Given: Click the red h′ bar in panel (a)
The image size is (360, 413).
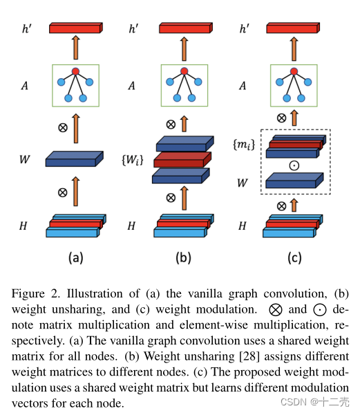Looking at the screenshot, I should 75,28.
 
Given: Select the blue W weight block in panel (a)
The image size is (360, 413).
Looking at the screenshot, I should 74,160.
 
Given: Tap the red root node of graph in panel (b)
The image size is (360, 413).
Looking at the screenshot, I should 184,71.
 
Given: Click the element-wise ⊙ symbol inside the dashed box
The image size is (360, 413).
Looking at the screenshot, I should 293,166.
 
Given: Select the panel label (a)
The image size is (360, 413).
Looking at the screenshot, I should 75,258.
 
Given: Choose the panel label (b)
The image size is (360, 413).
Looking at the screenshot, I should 183,258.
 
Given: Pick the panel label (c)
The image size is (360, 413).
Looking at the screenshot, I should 293,258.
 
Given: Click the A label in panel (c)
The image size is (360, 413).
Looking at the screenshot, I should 242,86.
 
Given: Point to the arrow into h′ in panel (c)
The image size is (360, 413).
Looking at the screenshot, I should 294,48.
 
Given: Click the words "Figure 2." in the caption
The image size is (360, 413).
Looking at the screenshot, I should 35,293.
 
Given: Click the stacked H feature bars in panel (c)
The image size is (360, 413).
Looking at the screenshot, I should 292,225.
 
